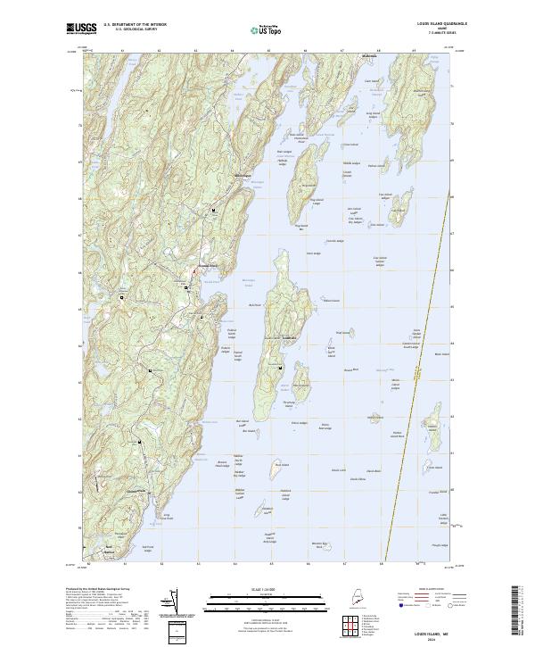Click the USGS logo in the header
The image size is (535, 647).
click(x=81, y=29)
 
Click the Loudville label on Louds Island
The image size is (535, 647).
click(x=288, y=338)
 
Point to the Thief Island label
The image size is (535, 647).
click(x=341, y=332)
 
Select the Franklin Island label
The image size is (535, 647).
click(x=434, y=492)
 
